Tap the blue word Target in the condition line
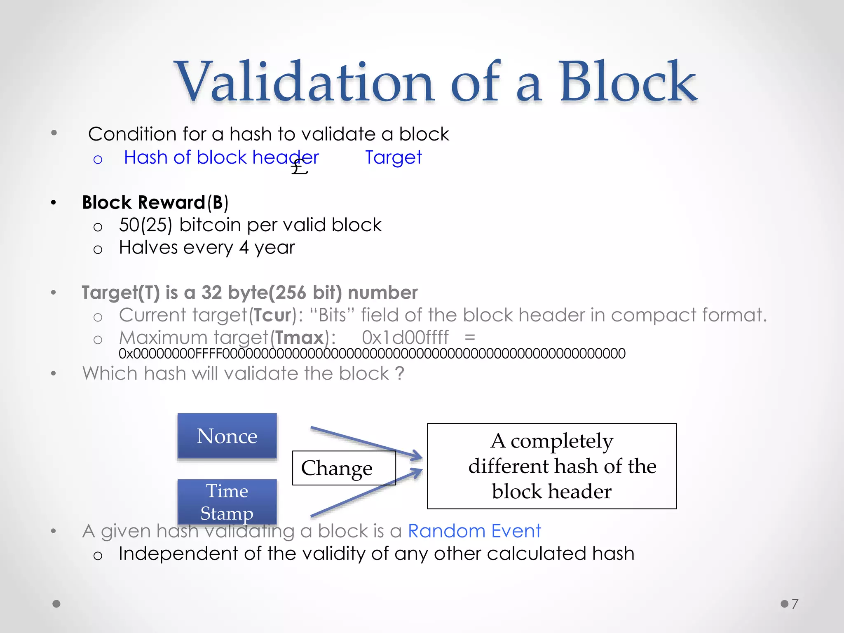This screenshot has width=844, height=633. coord(393,157)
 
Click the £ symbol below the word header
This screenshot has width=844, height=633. coord(299,168)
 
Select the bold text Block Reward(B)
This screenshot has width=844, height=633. coord(155,202)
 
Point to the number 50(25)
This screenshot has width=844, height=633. coord(145,225)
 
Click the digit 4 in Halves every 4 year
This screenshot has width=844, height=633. coord(244,248)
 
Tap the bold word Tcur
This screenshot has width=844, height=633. coord(272,315)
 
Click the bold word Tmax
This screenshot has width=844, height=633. coord(299,338)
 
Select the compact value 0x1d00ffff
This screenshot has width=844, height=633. coord(405,338)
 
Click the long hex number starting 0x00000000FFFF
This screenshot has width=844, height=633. coord(372,354)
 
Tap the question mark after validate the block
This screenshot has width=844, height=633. coord(399,373)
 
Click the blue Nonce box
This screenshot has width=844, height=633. coord(227,436)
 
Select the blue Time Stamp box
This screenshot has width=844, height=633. coord(227,502)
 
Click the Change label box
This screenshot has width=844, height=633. coord(343,468)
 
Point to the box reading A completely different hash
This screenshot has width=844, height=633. coord(551,466)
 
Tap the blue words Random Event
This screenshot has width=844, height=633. coord(474,531)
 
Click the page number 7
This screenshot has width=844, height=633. coord(795,604)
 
